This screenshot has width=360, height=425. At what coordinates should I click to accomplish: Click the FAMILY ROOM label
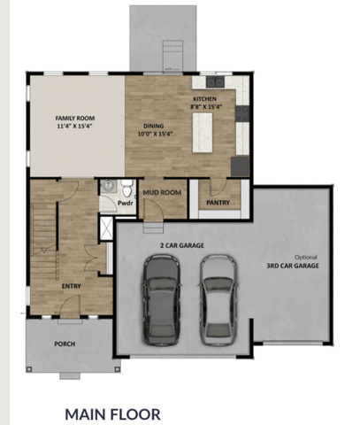pyautogui.click(x=75, y=119)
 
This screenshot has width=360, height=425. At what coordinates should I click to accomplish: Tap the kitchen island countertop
pyautogui.click(x=203, y=133)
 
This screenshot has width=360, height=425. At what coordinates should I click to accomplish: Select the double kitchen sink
pyautogui.click(x=215, y=81)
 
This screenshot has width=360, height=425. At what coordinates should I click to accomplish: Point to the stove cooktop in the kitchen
pyautogui.click(x=242, y=113)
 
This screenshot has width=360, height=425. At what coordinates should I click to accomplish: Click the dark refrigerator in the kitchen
pyautogui.click(x=240, y=166)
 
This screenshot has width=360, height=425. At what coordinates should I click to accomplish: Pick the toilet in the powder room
pyautogui.click(x=127, y=189)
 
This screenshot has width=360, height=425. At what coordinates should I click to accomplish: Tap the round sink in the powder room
pyautogui.click(x=109, y=186)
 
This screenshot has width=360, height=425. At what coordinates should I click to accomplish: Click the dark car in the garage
pyautogui.click(x=162, y=300)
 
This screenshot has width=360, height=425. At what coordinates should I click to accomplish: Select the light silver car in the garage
pyautogui.click(x=218, y=300)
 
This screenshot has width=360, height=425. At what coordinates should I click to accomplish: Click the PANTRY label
pyautogui.click(x=218, y=203)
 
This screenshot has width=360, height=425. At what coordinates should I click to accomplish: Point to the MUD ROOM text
pyautogui.click(x=162, y=193)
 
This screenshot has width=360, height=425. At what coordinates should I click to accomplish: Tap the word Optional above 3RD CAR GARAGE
pyautogui.click(x=306, y=258)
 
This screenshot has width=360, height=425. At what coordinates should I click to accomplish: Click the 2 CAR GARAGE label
pyautogui.click(x=182, y=245)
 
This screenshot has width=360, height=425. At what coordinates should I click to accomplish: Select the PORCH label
pyautogui.click(x=65, y=344)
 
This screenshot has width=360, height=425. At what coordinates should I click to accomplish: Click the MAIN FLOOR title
pyautogui.click(x=112, y=414)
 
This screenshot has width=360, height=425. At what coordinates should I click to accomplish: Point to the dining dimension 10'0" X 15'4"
pyautogui.click(x=155, y=134)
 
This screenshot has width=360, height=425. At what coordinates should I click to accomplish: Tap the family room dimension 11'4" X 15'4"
pyautogui.click(x=75, y=126)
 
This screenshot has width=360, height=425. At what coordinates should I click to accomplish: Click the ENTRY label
pyautogui.click(x=71, y=286)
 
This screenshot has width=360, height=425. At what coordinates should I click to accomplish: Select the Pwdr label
pyautogui.click(x=126, y=203)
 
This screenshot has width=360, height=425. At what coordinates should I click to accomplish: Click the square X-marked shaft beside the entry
pyautogui.click(x=106, y=228)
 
